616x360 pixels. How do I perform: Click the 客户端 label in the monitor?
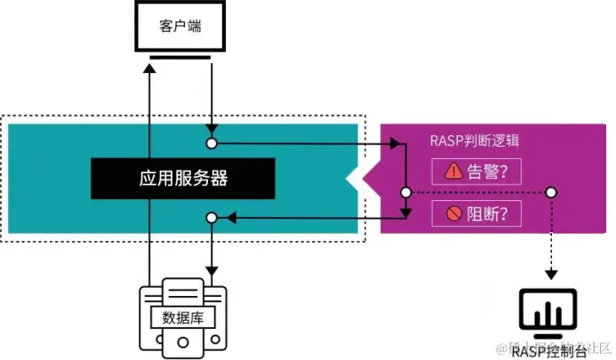pyautogui.click(x=180, y=26)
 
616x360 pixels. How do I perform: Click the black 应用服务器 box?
pyautogui.click(x=182, y=179)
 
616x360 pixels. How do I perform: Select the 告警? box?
pyautogui.click(x=476, y=172)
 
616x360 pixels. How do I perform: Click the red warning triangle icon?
pyautogui.click(x=453, y=172)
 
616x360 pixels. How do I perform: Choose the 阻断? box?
pyautogui.click(x=476, y=213)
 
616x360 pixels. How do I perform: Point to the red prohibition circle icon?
pyautogui.click(x=453, y=213)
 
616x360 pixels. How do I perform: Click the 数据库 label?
pyautogui.click(x=181, y=317)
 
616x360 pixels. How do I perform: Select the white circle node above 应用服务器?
pyautogui.click(x=212, y=142)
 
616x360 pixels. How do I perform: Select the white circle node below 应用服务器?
pyautogui.click(x=212, y=217)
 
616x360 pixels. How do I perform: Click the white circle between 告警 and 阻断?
pyautogui.click(x=405, y=193)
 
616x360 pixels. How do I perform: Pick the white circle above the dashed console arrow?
pyautogui.click(x=551, y=193)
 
